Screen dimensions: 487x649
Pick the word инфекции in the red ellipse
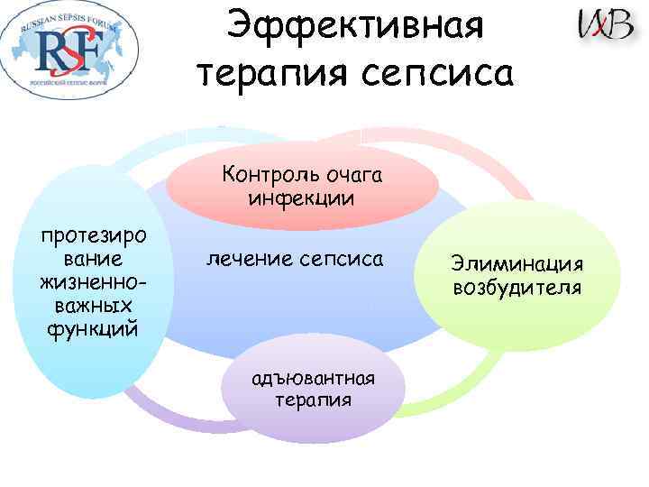298,198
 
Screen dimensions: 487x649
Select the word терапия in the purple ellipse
313,399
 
